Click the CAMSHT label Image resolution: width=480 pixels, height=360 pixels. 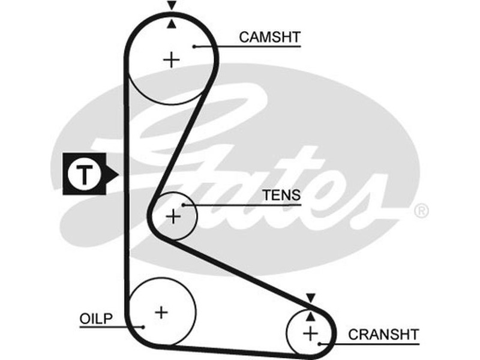(x=269, y=37)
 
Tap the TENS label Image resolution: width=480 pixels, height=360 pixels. (x=281, y=196)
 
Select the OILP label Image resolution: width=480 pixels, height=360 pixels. (x=96, y=317)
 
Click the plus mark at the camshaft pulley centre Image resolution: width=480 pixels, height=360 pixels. (x=172, y=59)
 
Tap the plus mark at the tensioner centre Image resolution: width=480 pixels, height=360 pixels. (x=173, y=216)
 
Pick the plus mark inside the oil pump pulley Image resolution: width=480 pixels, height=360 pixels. (x=161, y=312)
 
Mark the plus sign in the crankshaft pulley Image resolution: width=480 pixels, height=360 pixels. (x=310, y=333)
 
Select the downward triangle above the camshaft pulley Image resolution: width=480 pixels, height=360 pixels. (x=172, y=5)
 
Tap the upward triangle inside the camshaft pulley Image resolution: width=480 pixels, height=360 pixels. (x=172, y=23)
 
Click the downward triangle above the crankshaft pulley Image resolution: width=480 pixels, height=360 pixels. (x=310, y=298)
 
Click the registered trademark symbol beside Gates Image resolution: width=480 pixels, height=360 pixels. (x=422, y=211)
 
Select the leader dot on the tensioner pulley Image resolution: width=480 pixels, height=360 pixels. (x=184, y=205)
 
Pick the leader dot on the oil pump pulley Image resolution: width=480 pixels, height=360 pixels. (x=143, y=327)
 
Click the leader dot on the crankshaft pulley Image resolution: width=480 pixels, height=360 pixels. (x=322, y=344)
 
